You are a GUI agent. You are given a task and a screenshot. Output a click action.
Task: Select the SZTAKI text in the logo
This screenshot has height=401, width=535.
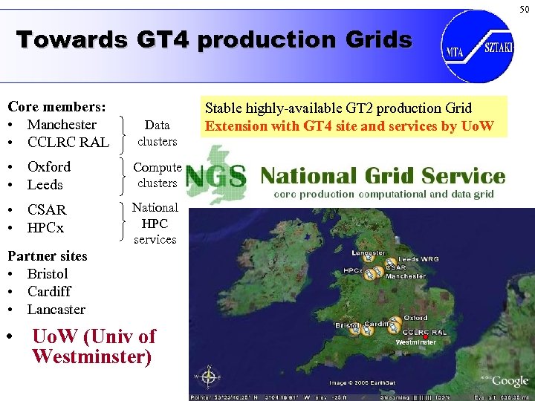coord(498,46)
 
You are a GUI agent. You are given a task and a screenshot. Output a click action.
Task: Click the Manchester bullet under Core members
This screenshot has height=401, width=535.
coord(62,125)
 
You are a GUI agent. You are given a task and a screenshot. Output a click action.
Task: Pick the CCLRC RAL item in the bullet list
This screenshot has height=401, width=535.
coord(68,142)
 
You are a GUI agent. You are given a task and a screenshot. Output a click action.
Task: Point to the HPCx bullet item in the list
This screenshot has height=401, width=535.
coord(45,227)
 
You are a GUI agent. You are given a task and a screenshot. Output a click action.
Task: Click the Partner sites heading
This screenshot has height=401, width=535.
coord(47,256)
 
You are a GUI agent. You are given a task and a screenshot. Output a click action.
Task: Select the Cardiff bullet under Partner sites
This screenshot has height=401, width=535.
coord(49,292)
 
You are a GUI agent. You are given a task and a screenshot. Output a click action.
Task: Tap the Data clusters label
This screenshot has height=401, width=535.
coord(157,133)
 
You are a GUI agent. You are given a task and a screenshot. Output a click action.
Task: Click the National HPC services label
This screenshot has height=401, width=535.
coord(155,224)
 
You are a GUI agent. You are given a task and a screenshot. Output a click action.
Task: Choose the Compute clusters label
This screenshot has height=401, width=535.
coord(157,175)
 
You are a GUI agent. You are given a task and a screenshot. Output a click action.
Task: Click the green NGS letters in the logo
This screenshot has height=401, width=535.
coord(215,175)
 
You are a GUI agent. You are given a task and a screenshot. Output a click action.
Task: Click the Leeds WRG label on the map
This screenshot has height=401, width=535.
coord(418,259)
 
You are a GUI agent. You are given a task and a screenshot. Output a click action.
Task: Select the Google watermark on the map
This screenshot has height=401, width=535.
coord(510,380)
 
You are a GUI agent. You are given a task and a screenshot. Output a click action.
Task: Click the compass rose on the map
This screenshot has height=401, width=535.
coord(209,377)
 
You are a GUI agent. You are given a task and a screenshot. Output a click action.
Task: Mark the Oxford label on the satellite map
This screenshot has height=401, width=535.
coord(415,317)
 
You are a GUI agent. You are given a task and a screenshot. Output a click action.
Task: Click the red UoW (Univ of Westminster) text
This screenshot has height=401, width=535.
coord(93,346)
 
